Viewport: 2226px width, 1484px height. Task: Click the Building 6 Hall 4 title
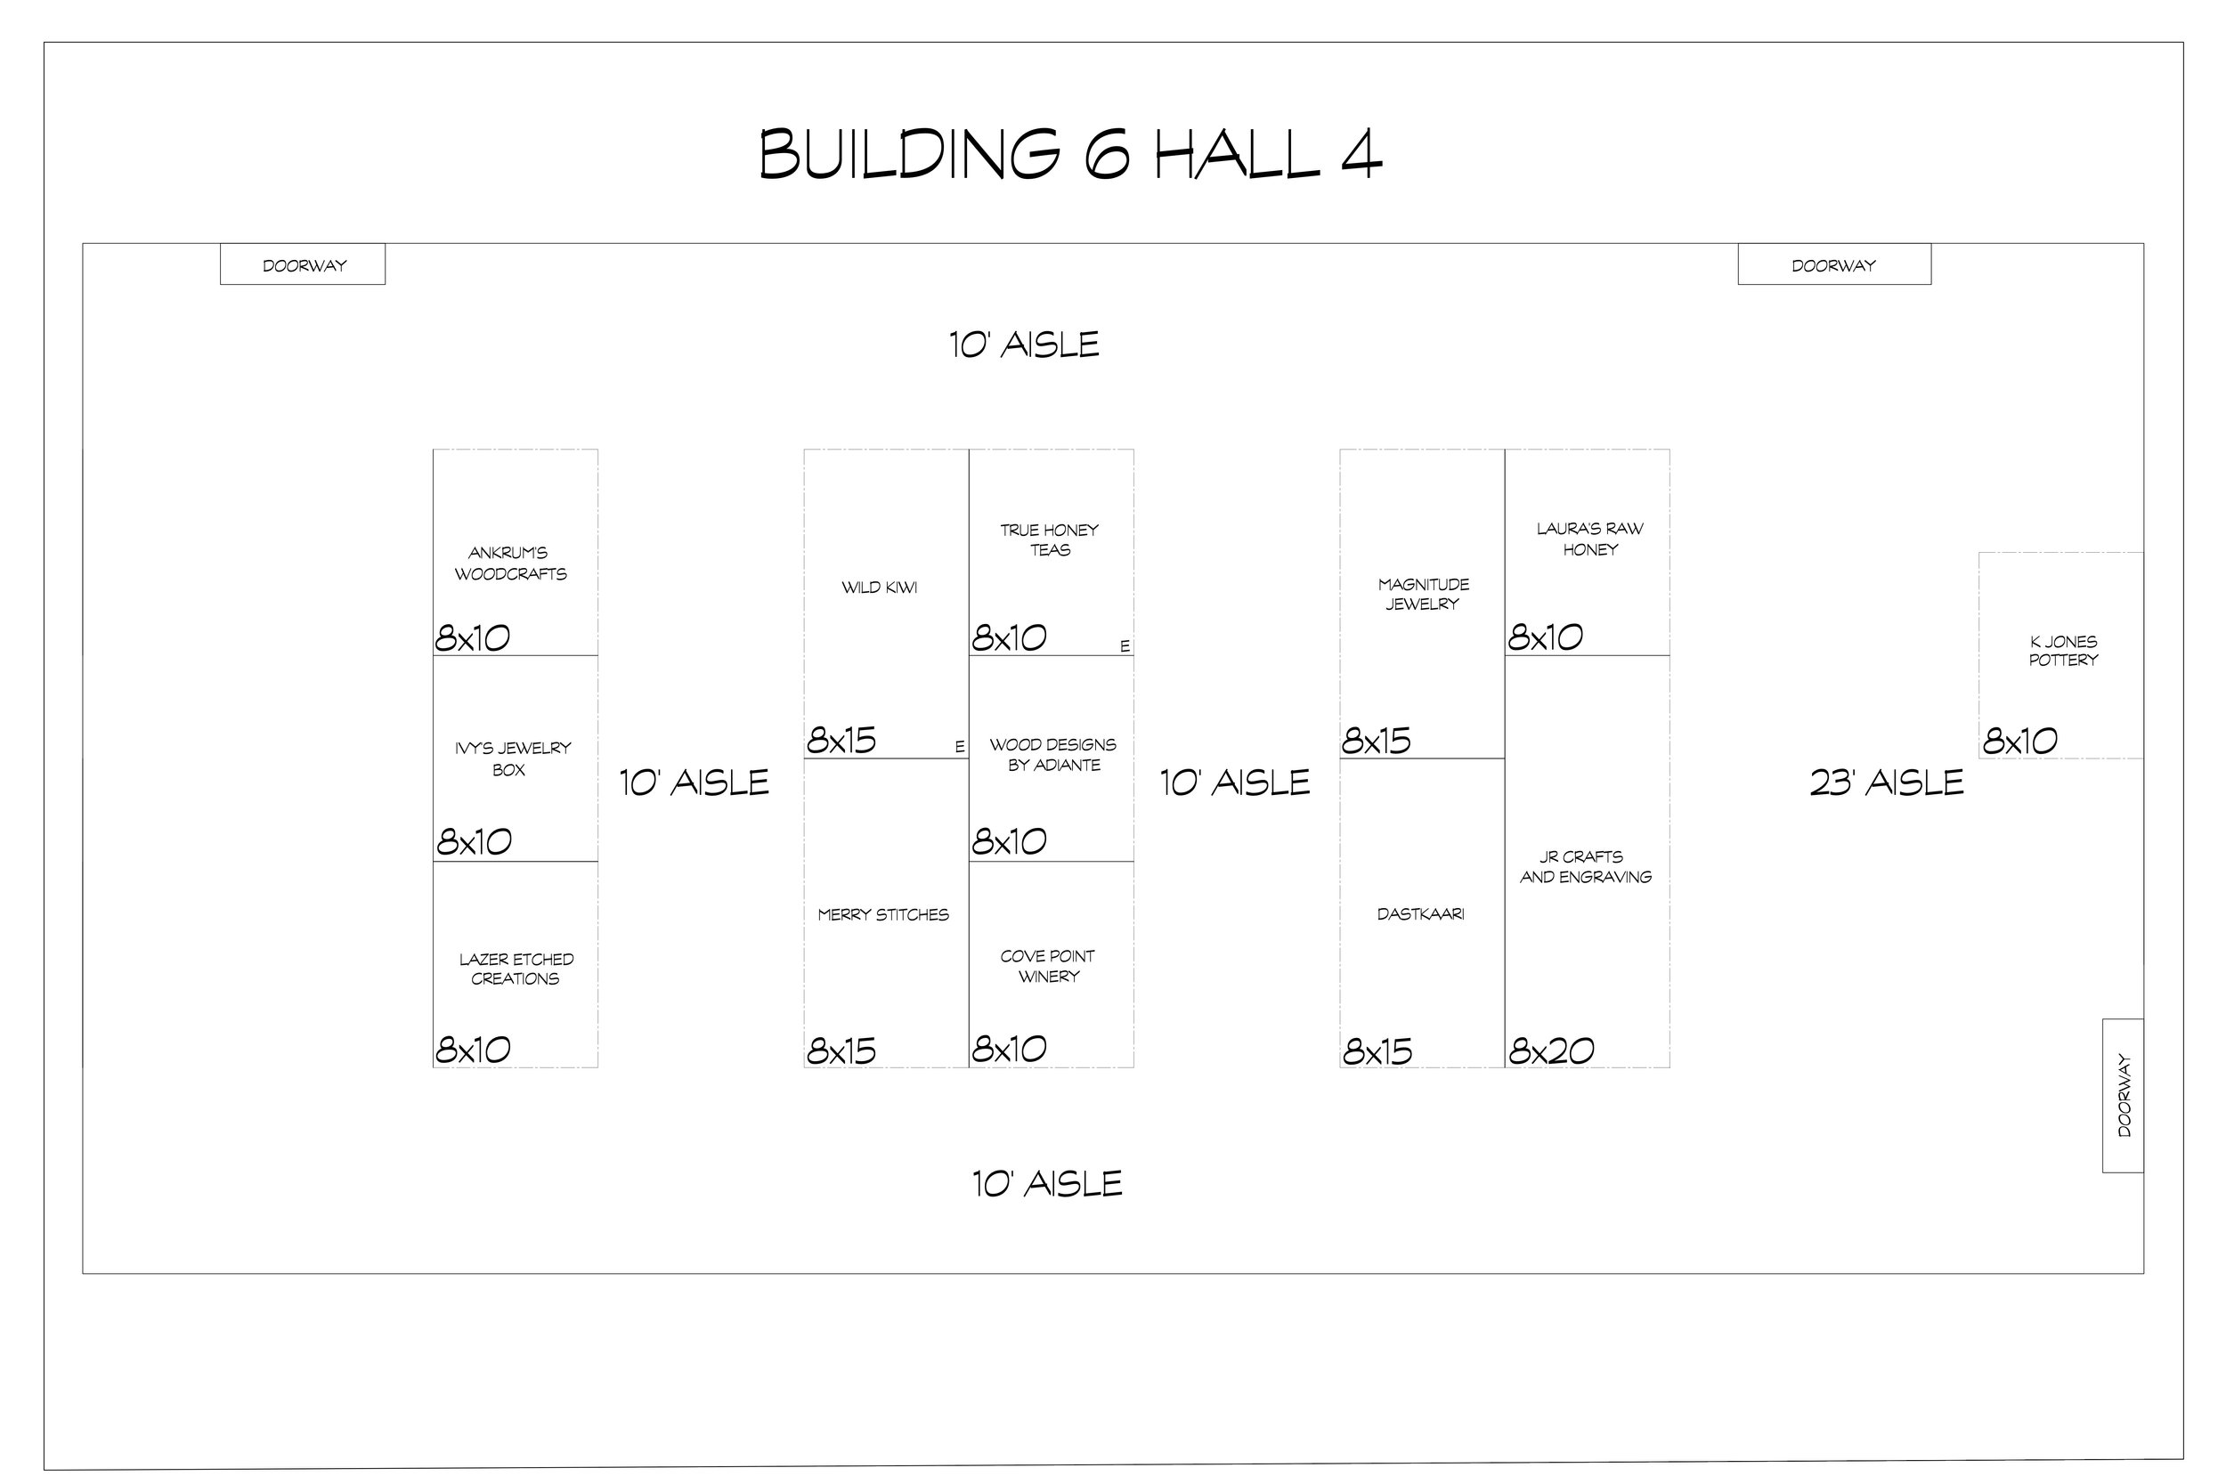(1070, 154)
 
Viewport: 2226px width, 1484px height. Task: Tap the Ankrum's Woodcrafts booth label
(510, 564)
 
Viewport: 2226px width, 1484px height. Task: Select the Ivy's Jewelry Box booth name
(512, 759)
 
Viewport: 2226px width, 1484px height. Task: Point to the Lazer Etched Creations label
(516, 969)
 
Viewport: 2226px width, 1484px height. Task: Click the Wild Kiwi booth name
(879, 588)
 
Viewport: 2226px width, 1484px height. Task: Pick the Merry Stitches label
(883, 915)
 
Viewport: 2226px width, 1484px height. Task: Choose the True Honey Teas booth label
(1050, 539)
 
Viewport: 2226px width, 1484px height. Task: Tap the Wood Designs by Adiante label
(1053, 755)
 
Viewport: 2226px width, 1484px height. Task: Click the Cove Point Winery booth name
(1048, 966)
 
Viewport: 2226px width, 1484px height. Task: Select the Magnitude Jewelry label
(1423, 595)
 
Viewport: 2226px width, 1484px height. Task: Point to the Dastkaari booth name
(1420, 914)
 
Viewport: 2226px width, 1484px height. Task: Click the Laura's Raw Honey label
(1590, 539)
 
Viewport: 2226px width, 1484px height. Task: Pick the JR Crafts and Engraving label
(1585, 867)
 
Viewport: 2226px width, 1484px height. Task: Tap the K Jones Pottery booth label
(2063, 650)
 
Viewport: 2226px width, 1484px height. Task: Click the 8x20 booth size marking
(1551, 1050)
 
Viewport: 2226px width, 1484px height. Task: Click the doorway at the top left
(303, 265)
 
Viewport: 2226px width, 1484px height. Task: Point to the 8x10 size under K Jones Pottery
(2019, 741)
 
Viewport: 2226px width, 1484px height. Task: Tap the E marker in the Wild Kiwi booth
(960, 747)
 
